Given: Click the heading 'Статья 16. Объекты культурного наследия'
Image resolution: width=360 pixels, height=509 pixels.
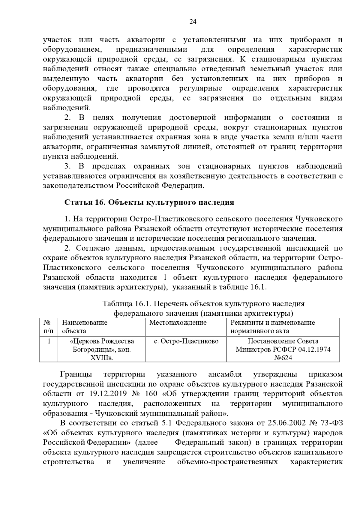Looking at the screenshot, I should [149, 202].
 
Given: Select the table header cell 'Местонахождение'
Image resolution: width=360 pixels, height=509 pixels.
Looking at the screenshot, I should [178, 323].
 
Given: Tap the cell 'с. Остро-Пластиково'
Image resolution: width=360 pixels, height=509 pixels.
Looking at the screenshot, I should [186, 341].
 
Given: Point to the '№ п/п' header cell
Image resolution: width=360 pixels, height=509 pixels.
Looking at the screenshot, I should [48, 327].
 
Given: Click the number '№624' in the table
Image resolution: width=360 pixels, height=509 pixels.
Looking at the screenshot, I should [283, 358].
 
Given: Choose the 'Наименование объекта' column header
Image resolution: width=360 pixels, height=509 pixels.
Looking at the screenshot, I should [85, 327].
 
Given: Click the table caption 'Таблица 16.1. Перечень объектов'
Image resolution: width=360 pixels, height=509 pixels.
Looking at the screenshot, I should [203, 304].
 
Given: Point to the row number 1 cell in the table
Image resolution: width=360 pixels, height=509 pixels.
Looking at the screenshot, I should [49, 341].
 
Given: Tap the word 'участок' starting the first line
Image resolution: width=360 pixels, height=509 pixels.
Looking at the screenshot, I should [57, 40].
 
